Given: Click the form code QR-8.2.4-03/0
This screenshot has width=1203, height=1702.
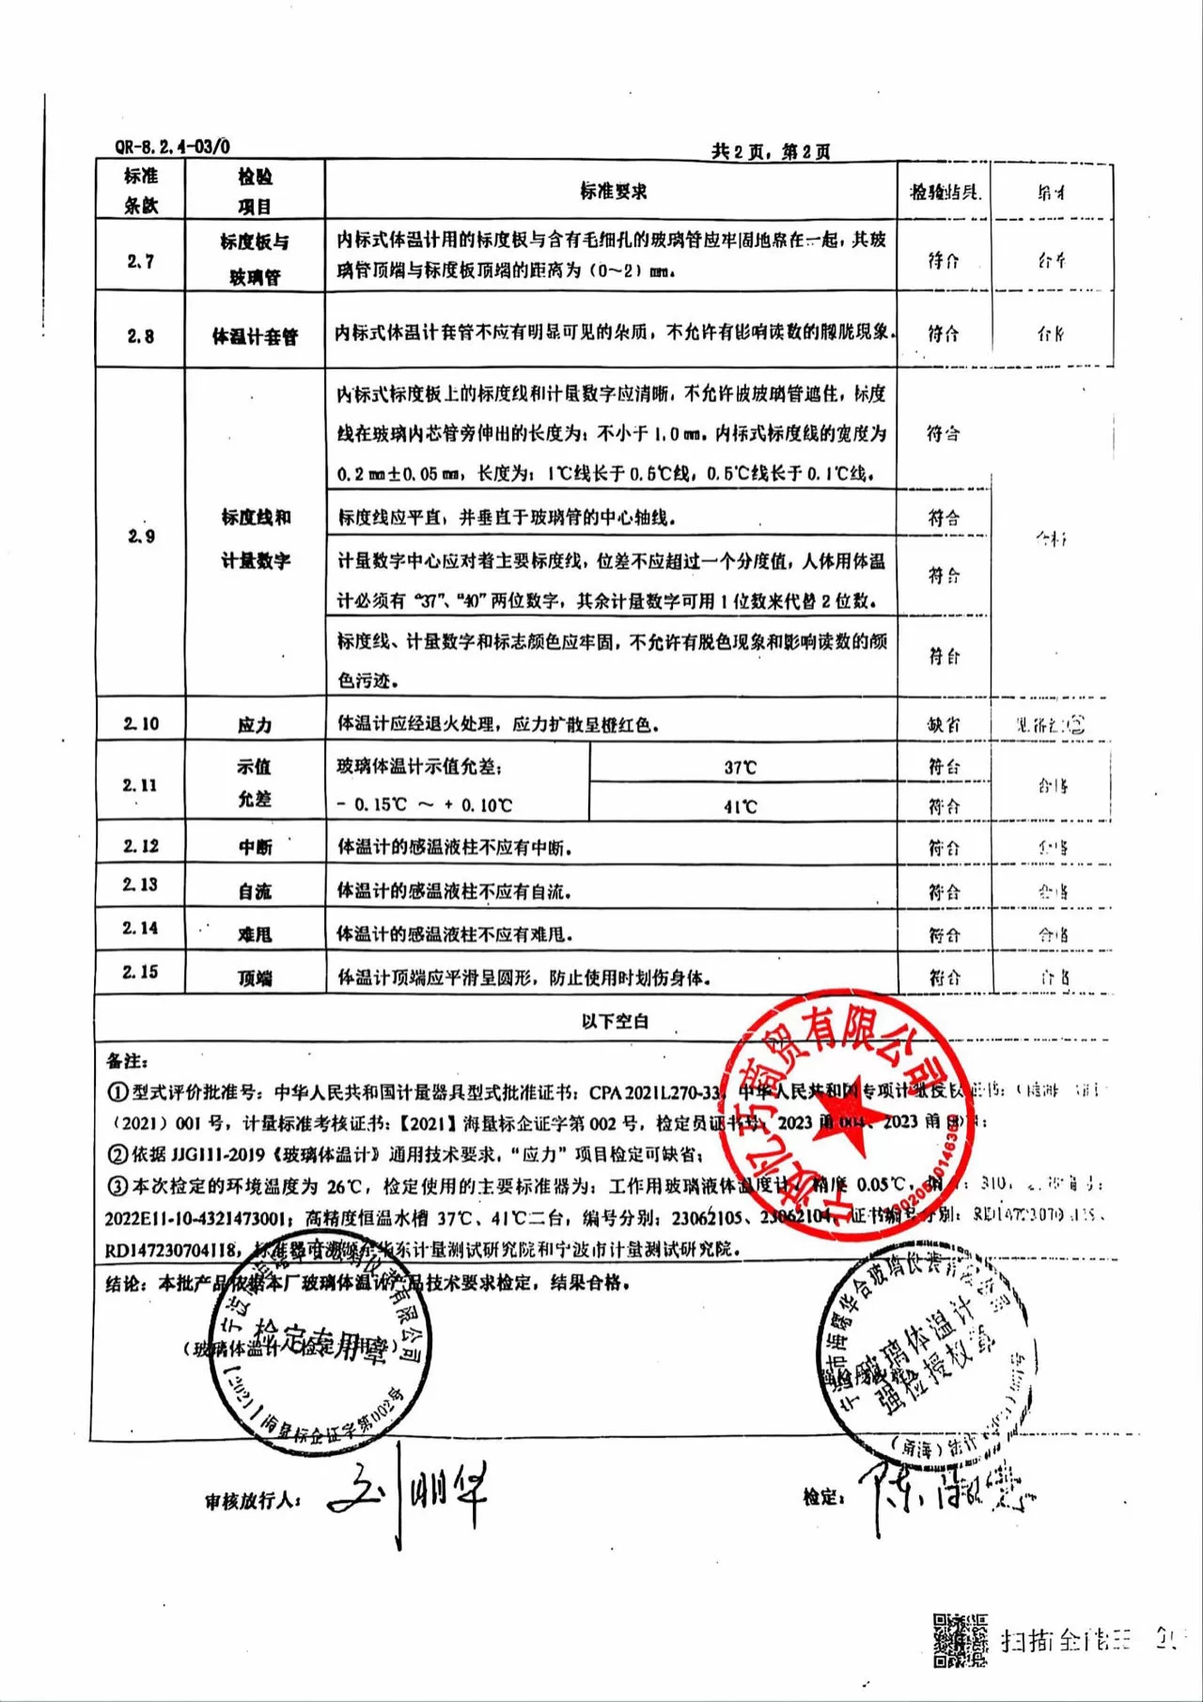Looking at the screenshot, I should tap(172, 147).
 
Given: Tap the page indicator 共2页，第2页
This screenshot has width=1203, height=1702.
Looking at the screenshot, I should tap(771, 151).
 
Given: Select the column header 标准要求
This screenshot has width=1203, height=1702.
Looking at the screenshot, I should tap(613, 192).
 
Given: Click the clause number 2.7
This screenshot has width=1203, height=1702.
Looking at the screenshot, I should tap(141, 261).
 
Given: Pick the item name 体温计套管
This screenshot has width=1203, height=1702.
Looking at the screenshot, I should tap(255, 336).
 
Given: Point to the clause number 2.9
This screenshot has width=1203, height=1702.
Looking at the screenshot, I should tap(141, 537).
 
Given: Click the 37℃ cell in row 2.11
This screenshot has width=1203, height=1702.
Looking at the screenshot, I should tap(741, 768).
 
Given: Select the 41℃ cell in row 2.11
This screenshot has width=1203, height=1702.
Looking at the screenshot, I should tap(741, 807).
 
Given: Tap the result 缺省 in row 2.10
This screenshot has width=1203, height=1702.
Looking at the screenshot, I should tap(944, 725).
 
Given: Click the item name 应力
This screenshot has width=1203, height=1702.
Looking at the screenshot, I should tap(255, 726).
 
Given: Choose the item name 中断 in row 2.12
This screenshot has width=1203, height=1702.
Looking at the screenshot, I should tap(255, 848).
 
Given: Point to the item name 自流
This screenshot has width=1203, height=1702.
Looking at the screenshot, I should tap(255, 891).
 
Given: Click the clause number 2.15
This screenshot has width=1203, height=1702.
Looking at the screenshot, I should tap(141, 972).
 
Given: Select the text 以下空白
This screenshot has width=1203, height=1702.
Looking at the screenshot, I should tap(615, 1022).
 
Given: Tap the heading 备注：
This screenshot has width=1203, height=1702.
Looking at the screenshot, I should tap(127, 1061).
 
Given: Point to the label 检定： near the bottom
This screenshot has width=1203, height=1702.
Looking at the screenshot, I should tap(823, 1497).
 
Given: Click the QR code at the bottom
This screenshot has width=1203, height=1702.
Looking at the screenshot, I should tap(960, 1640).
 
